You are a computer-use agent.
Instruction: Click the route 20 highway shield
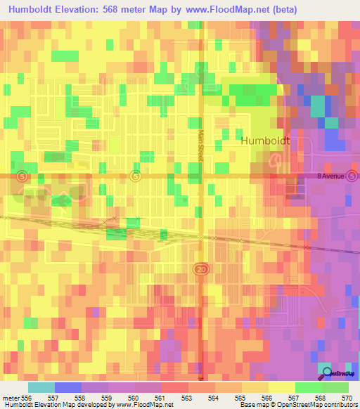[x=199, y=269]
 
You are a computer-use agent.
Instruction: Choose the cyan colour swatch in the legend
[x=41, y=387]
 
